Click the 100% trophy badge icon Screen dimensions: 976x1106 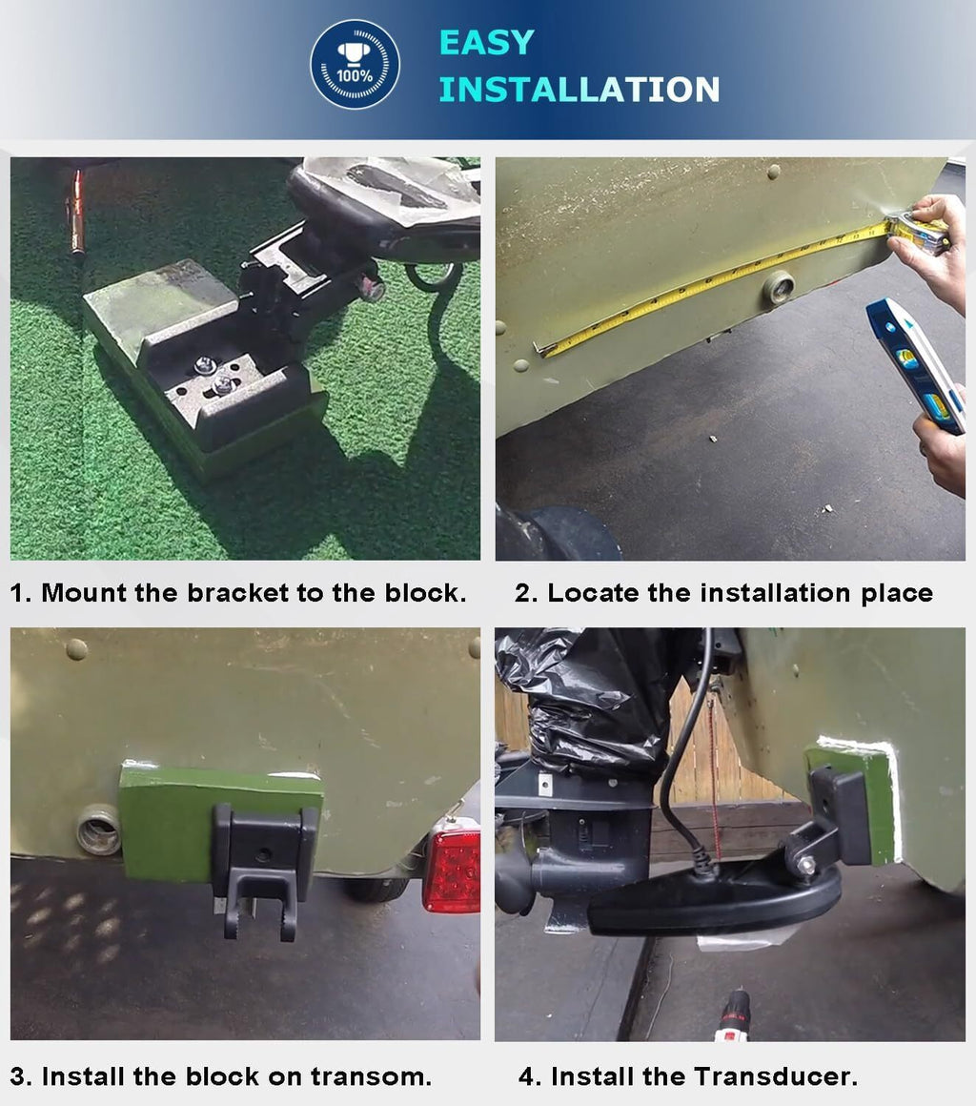coord(355,64)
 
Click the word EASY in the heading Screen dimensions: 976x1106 coord(487,42)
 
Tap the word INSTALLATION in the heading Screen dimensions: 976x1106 coord(579,90)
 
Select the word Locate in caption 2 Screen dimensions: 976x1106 coord(593,592)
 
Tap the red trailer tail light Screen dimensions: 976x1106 coord(452,870)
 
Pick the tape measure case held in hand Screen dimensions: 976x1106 coord(918,233)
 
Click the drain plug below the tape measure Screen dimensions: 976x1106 coord(780,287)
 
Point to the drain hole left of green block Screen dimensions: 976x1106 coord(99,830)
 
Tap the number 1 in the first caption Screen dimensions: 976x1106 coord(16,593)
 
